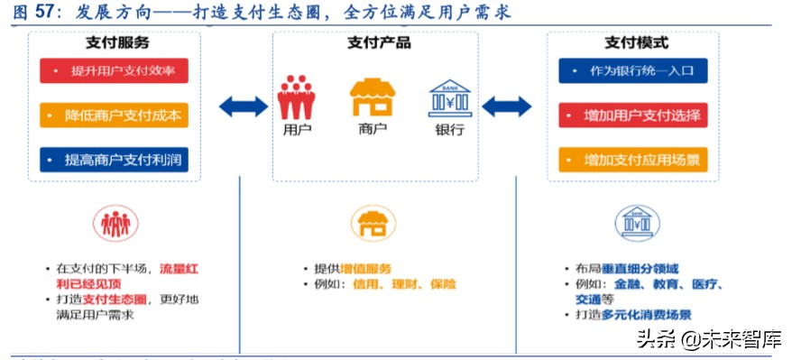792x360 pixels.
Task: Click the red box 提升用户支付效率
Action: pos(114,71)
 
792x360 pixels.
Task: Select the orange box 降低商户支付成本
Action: pos(114,115)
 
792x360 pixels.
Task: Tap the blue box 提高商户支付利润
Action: pos(114,160)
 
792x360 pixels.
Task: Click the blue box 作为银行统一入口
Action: pos(632,71)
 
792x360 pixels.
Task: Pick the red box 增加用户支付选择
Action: pos(632,115)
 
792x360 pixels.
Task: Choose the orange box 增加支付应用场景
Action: pos(632,160)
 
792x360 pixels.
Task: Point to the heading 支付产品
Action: pos(379,42)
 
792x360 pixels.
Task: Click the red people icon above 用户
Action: pos(296,97)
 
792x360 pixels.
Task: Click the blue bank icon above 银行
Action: pos(449,97)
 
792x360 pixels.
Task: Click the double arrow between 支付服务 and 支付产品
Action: pos(244,107)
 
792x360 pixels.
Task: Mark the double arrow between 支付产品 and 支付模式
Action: pos(507,107)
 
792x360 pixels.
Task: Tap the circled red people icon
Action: pos(115,224)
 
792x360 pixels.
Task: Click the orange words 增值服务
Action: pos(366,269)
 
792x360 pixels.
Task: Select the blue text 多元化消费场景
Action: pos(648,315)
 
